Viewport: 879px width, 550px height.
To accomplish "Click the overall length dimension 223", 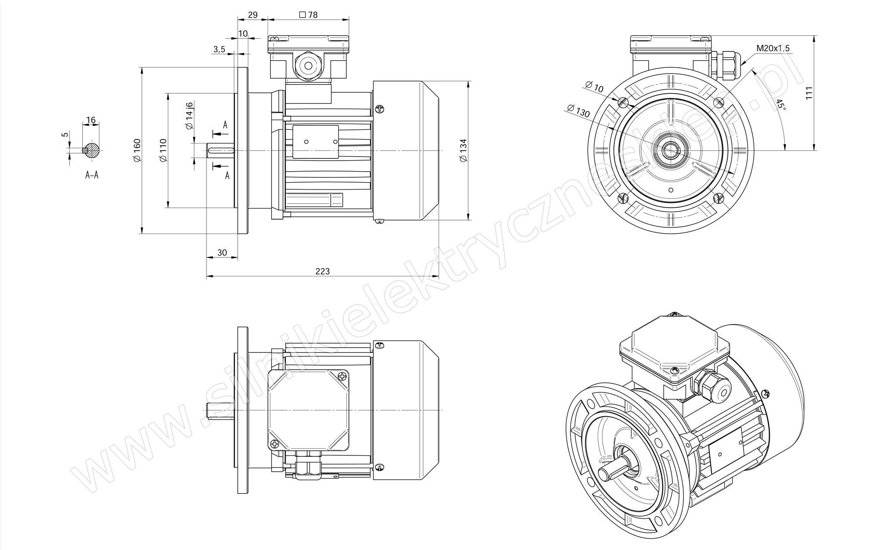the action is click(323, 271).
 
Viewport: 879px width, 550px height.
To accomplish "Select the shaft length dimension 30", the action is click(222, 253).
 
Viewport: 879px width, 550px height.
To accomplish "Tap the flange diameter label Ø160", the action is click(137, 150).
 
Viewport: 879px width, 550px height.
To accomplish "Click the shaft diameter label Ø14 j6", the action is click(189, 116).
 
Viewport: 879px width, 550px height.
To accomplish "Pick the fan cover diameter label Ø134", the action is click(463, 150).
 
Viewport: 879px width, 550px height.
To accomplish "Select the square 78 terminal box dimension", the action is click(308, 15).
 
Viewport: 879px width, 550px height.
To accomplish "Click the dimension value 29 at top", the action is click(253, 15).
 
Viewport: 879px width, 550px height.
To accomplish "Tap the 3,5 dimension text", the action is click(219, 49).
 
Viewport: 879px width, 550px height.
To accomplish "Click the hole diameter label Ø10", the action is click(595, 87).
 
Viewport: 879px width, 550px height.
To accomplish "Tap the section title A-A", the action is click(92, 175).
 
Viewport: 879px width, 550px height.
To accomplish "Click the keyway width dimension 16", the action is click(91, 120).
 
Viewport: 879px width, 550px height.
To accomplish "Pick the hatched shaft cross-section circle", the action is click(92, 150).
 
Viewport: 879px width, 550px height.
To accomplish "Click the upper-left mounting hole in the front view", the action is click(622, 102).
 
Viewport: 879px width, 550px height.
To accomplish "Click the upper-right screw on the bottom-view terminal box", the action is click(343, 376).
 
